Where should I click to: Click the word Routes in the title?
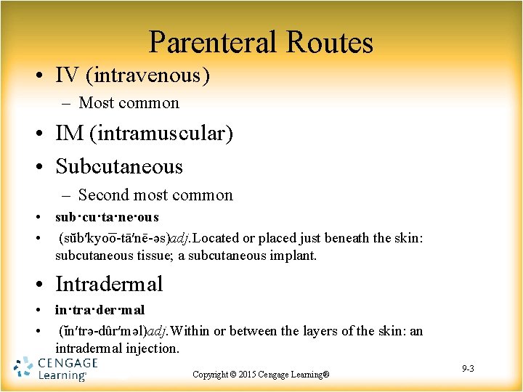tap(329, 43)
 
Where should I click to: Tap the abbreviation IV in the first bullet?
tap(68, 74)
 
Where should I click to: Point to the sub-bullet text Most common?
tap(129, 103)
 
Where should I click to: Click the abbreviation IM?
tap(70, 134)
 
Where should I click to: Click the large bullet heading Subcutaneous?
tap(119, 166)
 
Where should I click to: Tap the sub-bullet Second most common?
tap(155, 195)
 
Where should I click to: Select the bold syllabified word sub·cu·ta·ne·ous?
tap(107, 217)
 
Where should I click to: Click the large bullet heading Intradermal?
tap(109, 284)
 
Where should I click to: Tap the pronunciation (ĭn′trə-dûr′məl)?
tap(102, 331)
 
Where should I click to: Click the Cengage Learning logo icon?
tap(23, 368)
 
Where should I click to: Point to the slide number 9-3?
tap(468, 369)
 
